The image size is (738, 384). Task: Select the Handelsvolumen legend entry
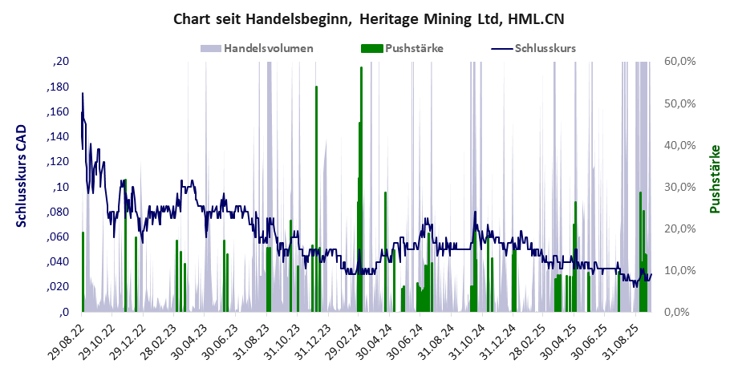coord(268,48)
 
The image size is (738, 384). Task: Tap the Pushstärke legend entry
coord(414,48)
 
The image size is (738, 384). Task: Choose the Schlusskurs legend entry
coord(545,48)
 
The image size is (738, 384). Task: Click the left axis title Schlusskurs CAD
coord(22,176)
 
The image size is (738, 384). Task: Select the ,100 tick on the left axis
coord(61,187)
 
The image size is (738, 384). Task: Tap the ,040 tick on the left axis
coord(59,262)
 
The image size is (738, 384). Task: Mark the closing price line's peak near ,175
coord(82,93)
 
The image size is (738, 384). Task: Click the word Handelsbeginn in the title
coord(306,18)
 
